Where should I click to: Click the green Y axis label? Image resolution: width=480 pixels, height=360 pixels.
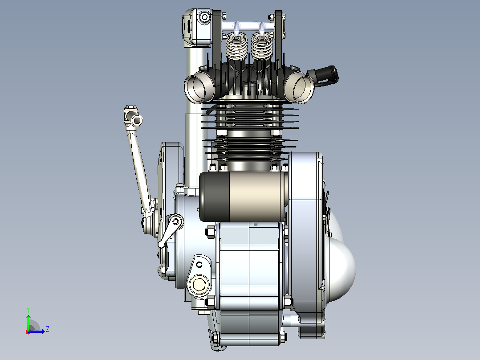pos(28,310)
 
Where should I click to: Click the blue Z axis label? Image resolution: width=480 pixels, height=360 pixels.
pos(48,329)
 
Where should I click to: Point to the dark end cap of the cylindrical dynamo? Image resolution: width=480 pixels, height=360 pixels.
pos(215,196)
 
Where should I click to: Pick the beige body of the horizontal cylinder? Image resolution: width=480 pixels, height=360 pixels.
pos(257,196)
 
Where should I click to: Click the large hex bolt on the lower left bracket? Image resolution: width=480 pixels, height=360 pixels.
pos(199,284)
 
